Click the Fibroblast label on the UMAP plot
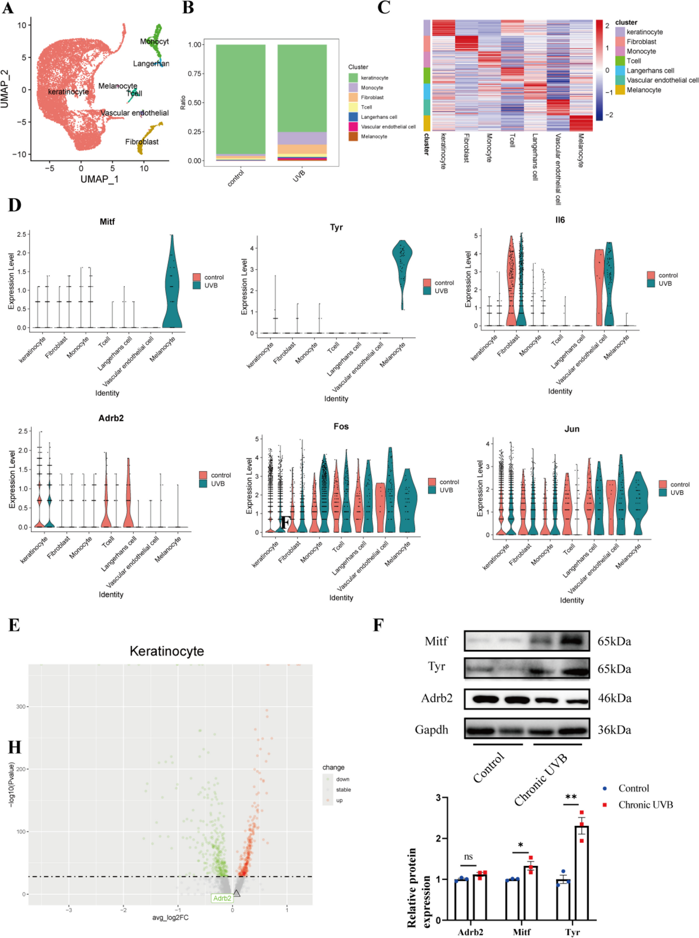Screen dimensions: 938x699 142,142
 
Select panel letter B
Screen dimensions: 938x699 188,8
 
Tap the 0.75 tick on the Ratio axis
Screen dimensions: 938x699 195,74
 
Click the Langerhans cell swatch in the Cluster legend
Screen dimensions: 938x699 353,117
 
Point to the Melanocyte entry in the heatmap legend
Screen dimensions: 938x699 643,90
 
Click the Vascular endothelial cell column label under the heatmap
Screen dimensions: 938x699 558,169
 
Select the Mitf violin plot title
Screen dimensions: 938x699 107,222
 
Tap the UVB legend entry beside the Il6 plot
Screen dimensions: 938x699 664,283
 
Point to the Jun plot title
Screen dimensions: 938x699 571,429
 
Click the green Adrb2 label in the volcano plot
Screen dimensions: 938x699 222,898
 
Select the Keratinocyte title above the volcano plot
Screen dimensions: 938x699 167,651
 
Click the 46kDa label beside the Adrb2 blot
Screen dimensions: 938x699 614,698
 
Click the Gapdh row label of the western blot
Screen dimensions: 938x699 431,730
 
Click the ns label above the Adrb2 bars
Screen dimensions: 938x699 468,857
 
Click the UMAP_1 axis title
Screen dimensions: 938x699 100,179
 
